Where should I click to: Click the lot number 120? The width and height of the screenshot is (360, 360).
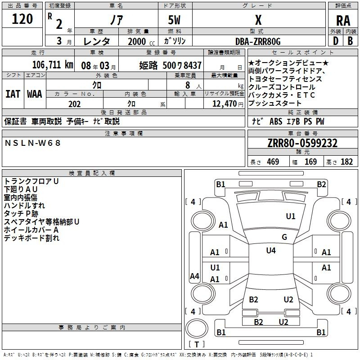point(22,19)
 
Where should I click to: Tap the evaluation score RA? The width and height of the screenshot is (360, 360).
point(343,21)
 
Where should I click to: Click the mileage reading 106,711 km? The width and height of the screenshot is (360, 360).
point(53,65)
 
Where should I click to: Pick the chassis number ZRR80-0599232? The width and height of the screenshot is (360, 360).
point(302,143)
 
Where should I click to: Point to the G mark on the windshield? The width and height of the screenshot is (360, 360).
point(284,237)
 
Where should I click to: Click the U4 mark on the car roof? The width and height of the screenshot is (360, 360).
point(270,251)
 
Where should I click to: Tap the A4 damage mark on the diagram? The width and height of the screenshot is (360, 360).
point(194,276)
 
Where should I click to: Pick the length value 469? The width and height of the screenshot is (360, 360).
point(273,162)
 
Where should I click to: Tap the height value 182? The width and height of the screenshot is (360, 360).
point(346,162)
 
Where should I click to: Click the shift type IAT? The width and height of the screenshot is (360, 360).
point(13,94)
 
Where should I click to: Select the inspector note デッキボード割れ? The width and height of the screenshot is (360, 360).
point(31,238)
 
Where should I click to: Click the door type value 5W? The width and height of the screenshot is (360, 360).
point(175,20)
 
